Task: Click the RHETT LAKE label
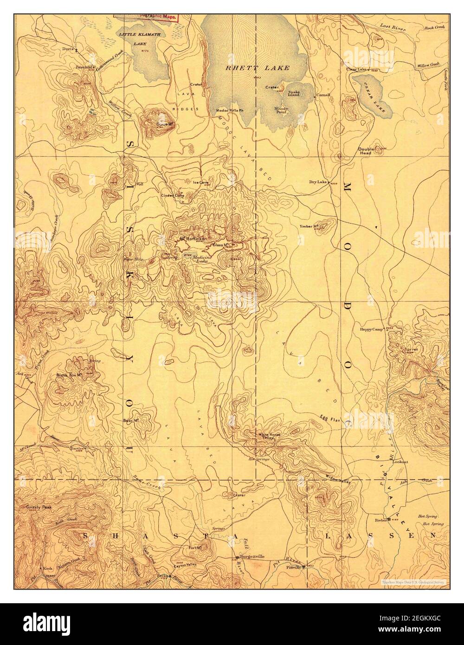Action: click(258, 68)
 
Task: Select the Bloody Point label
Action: click(281, 110)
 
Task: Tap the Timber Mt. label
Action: click(309, 226)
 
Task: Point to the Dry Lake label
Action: click(318, 182)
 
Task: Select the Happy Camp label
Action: click(371, 329)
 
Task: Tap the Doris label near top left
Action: click(68, 48)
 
